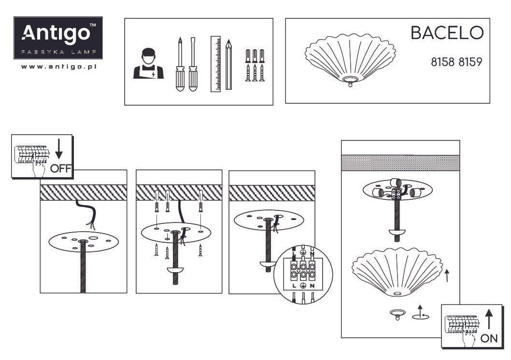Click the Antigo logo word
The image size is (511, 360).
[56, 33]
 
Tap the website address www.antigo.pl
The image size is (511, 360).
[58, 67]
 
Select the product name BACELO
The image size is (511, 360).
[447, 33]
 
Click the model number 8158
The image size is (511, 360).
[442, 62]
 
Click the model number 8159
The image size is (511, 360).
[470, 62]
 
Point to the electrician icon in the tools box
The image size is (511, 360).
[148, 64]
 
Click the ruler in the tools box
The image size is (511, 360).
[215, 64]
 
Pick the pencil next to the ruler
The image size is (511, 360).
[229, 65]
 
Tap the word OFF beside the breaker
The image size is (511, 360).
[60, 168]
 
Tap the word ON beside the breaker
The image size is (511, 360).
[489, 338]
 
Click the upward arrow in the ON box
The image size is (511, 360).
[489, 319]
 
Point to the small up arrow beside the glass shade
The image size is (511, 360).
[447, 276]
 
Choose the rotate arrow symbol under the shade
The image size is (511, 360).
[420, 313]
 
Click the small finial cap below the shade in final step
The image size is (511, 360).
[397, 315]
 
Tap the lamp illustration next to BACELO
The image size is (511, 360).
[350, 60]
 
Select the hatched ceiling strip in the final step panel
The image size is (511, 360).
[400, 163]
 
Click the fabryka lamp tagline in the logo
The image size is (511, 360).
[58, 52]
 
